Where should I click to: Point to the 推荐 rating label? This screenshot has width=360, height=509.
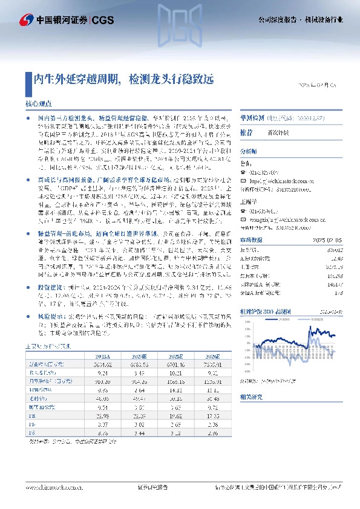tap(246, 131)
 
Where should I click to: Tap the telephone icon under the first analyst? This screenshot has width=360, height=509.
tap(243, 171)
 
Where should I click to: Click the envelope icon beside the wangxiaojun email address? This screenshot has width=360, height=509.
tap(243, 221)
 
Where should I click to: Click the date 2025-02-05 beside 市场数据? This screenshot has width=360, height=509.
tap(329, 240)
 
